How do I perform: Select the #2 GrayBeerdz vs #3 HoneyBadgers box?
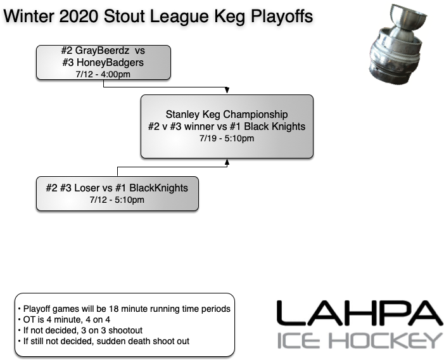102,62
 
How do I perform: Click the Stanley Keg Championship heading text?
226,115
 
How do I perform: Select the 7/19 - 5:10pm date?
226,138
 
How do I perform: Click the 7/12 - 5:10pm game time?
117,200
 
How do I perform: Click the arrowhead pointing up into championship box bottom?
227,162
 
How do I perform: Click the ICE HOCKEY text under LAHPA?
359,340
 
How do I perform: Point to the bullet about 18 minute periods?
124,309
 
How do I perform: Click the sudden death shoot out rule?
104,341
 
